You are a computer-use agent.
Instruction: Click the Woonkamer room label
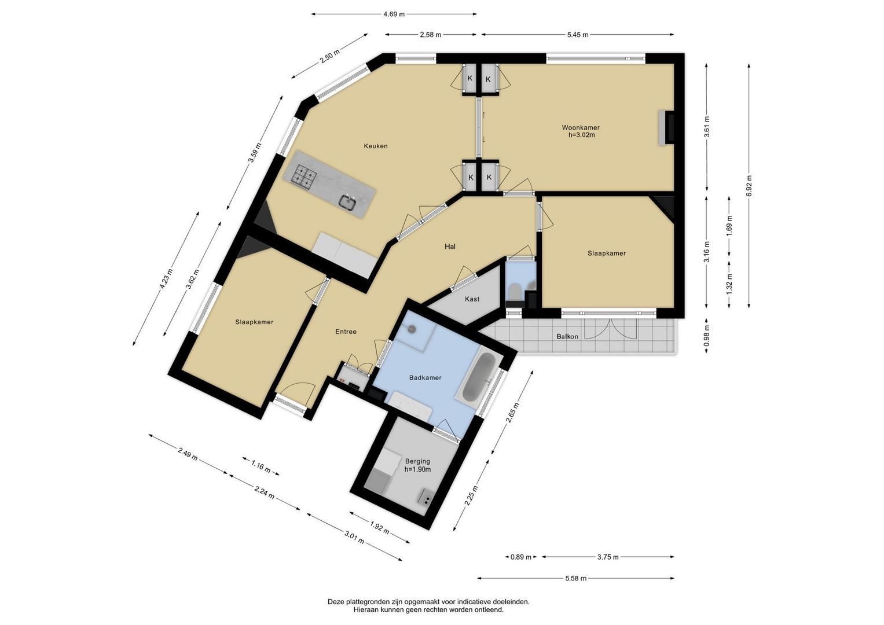point(581,127)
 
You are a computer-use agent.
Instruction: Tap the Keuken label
point(376,146)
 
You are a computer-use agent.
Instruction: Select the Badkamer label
point(425,377)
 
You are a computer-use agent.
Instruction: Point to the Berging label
point(417,461)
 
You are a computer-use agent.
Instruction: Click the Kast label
point(472,299)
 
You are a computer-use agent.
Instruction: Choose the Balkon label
point(567,337)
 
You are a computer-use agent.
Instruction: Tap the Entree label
point(346,332)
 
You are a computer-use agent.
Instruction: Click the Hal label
point(450,247)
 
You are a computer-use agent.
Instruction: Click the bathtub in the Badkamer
point(479,375)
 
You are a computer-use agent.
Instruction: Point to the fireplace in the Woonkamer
point(666,128)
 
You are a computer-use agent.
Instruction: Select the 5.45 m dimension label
point(578,35)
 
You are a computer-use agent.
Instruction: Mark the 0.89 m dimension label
point(521,557)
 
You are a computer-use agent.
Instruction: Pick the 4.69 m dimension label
point(394,14)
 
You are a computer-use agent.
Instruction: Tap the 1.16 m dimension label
point(261,466)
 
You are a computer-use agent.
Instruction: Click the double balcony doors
point(611,329)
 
